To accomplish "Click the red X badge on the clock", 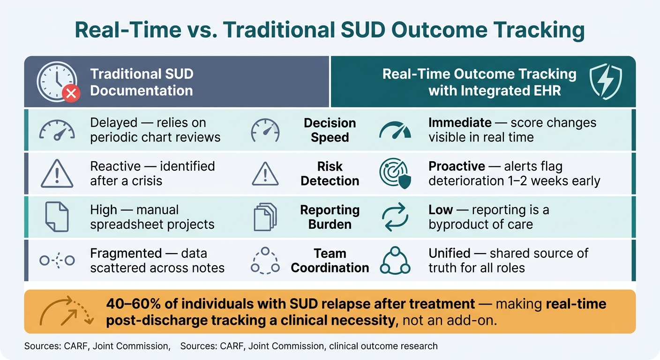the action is [x=71, y=93].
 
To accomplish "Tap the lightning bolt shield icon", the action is [x=606, y=82].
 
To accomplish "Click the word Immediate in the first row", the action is [x=460, y=122].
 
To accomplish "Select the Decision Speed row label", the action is [x=330, y=130].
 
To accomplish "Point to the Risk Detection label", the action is [x=330, y=173].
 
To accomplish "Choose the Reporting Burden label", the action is [x=330, y=217].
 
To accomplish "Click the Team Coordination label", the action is [x=330, y=261].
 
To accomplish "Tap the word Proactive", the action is [x=457, y=166].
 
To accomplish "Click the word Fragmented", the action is [x=126, y=253].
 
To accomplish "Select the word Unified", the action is [x=450, y=253].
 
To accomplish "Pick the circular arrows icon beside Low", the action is [x=395, y=217].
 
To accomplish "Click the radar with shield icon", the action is [x=395, y=173].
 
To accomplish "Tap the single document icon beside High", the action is [x=57, y=217].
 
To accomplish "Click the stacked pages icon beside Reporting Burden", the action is [x=265, y=217].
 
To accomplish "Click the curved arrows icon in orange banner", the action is [x=67, y=311].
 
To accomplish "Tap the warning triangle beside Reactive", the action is [x=57, y=173].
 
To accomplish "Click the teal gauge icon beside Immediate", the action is [x=395, y=130].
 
